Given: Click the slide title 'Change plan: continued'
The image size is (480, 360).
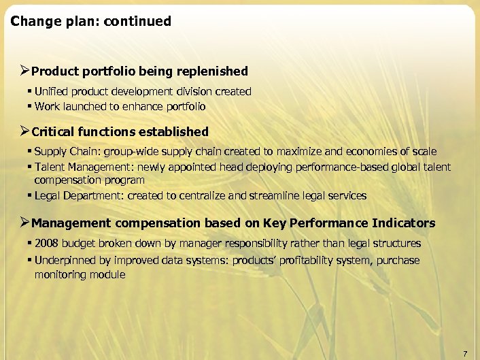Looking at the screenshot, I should tap(91, 21).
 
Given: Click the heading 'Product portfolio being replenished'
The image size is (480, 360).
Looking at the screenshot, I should tap(139, 71).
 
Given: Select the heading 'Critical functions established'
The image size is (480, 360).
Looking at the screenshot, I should tap(120, 131).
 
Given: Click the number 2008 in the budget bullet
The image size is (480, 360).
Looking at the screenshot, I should tap(46, 244).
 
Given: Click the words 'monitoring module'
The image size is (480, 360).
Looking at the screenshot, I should tap(80, 274).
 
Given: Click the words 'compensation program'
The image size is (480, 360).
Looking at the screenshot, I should tap(89, 180).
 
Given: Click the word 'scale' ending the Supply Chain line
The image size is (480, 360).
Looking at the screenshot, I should tap(424, 152).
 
